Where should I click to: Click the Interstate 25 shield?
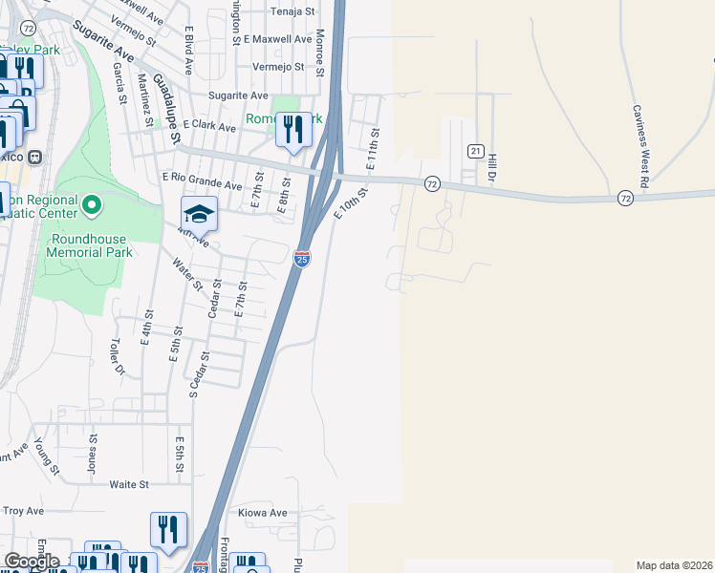(301, 259)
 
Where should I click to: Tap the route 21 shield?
(474, 151)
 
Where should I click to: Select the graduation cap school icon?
(200, 214)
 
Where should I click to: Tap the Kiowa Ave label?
(263, 513)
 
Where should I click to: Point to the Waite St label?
(129, 484)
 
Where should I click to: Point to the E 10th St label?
(351, 203)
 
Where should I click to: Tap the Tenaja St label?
(292, 11)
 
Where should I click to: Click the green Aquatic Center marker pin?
(92, 204)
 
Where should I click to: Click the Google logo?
(31, 561)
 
